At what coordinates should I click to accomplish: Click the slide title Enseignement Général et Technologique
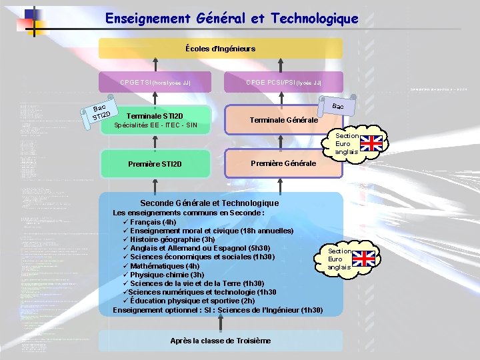pyautogui.click(x=231, y=19)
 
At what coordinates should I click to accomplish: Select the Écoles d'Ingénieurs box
pyautogui.click(x=220, y=48)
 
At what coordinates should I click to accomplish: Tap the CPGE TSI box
pyautogui.click(x=155, y=83)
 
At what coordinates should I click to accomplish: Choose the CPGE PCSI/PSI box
pyautogui.click(x=284, y=83)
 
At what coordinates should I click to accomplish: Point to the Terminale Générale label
pyautogui.click(x=283, y=120)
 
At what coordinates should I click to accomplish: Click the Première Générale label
pyautogui.click(x=283, y=163)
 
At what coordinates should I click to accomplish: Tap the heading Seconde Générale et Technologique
pyautogui.click(x=209, y=203)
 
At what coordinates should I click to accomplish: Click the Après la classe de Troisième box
pyautogui.click(x=220, y=341)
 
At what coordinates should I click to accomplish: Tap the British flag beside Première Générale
pyautogui.click(x=373, y=143)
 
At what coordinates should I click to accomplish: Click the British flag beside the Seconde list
pyautogui.click(x=364, y=259)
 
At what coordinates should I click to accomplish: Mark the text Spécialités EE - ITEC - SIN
pyautogui.click(x=155, y=125)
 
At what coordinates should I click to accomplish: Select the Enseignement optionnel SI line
pyautogui.click(x=218, y=310)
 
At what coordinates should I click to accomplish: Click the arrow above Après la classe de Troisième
pyautogui.click(x=221, y=323)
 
